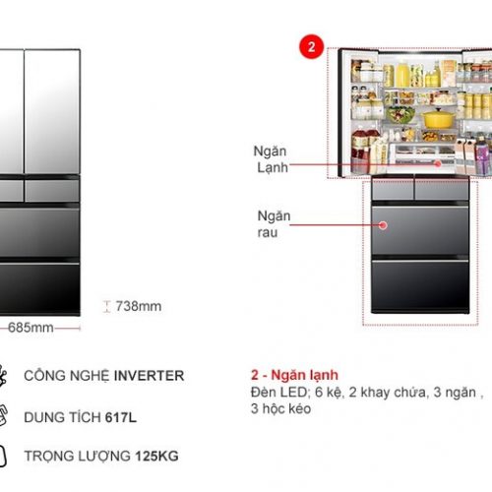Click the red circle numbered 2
[311, 46]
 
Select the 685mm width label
[31, 328]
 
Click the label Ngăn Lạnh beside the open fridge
[271, 159]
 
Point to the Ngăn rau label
[274, 224]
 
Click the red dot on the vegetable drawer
[383, 225]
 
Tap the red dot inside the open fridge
[438, 163]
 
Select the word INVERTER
[149, 376]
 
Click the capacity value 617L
[121, 417]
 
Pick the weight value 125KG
[156, 456]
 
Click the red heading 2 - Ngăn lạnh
[294, 375]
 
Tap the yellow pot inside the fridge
[438, 117]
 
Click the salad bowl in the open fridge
[400, 114]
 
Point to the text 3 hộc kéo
[280, 408]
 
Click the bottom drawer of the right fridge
[420, 285]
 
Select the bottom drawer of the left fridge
[39, 288]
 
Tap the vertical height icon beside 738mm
[106, 306]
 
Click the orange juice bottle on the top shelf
[402, 74]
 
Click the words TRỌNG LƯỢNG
[78, 456]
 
